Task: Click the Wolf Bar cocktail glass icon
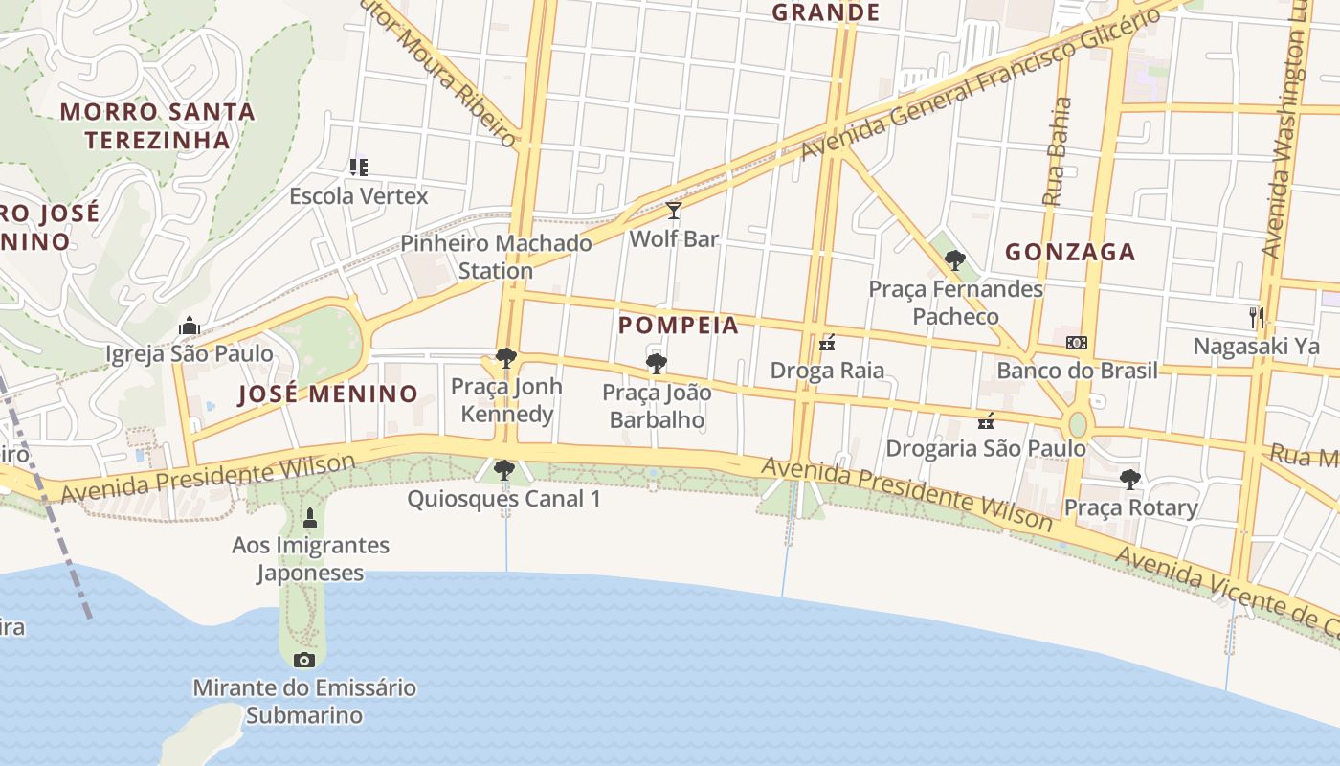674,211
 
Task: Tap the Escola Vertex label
359,195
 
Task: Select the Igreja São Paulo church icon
189,326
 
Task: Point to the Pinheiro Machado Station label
496,257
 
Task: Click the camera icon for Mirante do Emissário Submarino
304,659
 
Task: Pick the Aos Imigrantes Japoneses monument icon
309,518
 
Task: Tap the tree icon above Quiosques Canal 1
503,470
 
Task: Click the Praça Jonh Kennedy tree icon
505,359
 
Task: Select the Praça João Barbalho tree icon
656,364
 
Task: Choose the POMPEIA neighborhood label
679,326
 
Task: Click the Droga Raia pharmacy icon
828,343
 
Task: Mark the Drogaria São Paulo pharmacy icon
986,420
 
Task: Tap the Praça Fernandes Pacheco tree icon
954,259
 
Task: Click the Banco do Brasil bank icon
1077,343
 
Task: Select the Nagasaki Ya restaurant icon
1257,317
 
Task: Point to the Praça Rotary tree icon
1130,479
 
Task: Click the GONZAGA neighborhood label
1070,252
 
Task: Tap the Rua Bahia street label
1056,151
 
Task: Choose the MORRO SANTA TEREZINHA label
158,125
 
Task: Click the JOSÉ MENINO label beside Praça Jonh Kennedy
327,394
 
